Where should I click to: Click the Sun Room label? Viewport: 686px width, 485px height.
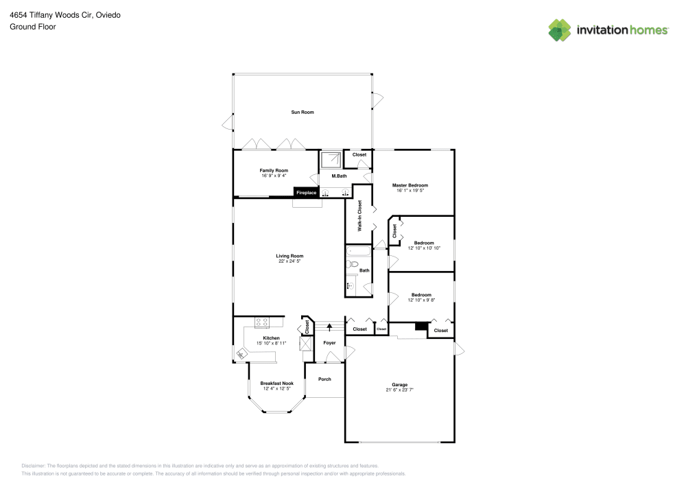tap(303, 112)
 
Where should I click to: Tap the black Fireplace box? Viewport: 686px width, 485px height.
tap(306, 193)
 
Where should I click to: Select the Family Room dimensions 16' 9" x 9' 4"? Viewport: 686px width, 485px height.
tap(274, 176)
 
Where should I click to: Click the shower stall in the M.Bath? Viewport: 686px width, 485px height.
tap(331, 159)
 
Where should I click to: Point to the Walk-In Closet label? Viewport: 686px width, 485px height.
tap(359, 214)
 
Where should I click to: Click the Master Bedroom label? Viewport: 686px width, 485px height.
tap(410, 185)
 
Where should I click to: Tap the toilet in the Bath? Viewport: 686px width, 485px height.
tap(353, 263)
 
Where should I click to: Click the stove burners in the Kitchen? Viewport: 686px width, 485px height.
tap(262, 321)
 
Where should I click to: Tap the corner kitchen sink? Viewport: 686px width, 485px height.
tap(242, 353)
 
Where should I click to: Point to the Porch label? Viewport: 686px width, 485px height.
tap(324, 379)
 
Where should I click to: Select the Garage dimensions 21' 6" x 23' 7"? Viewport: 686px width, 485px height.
tap(399, 390)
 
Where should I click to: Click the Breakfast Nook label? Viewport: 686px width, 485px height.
tap(276, 383)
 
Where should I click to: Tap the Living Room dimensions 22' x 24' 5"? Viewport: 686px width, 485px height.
tap(290, 261)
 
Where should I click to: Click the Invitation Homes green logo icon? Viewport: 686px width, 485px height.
tap(560, 29)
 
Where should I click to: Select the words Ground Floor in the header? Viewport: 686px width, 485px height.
tap(33, 27)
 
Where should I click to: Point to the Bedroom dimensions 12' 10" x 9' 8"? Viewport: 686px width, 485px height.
tap(421, 300)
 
